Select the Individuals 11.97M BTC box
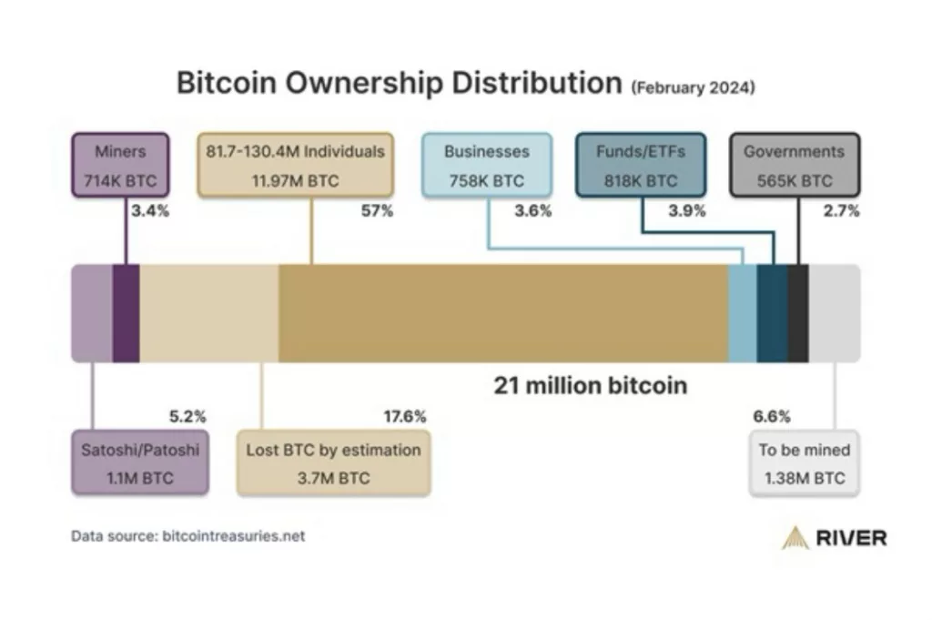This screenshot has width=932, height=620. [x=295, y=166]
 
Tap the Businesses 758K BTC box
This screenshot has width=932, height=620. [x=486, y=166]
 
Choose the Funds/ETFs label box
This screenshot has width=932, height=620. [x=641, y=166]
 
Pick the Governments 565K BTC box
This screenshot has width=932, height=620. [x=795, y=166]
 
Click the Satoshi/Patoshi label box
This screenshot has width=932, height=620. [x=140, y=463]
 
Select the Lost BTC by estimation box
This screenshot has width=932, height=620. [x=333, y=463]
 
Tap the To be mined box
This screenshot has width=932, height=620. [x=804, y=463]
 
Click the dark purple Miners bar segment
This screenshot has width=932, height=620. [x=126, y=313]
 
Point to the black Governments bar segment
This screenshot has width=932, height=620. [x=798, y=313]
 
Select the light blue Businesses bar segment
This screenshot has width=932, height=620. [x=742, y=313]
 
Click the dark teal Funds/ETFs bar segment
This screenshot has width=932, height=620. [x=772, y=313]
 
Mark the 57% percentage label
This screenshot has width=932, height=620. [x=378, y=211]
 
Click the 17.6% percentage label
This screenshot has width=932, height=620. [x=405, y=417]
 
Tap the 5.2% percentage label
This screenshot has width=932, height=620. [x=187, y=417]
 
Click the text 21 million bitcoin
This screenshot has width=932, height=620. [x=591, y=385]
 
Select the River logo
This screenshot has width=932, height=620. [x=834, y=537]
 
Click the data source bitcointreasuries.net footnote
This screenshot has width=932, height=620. [x=188, y=536]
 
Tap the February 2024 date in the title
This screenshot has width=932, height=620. [x=693, y=88]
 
